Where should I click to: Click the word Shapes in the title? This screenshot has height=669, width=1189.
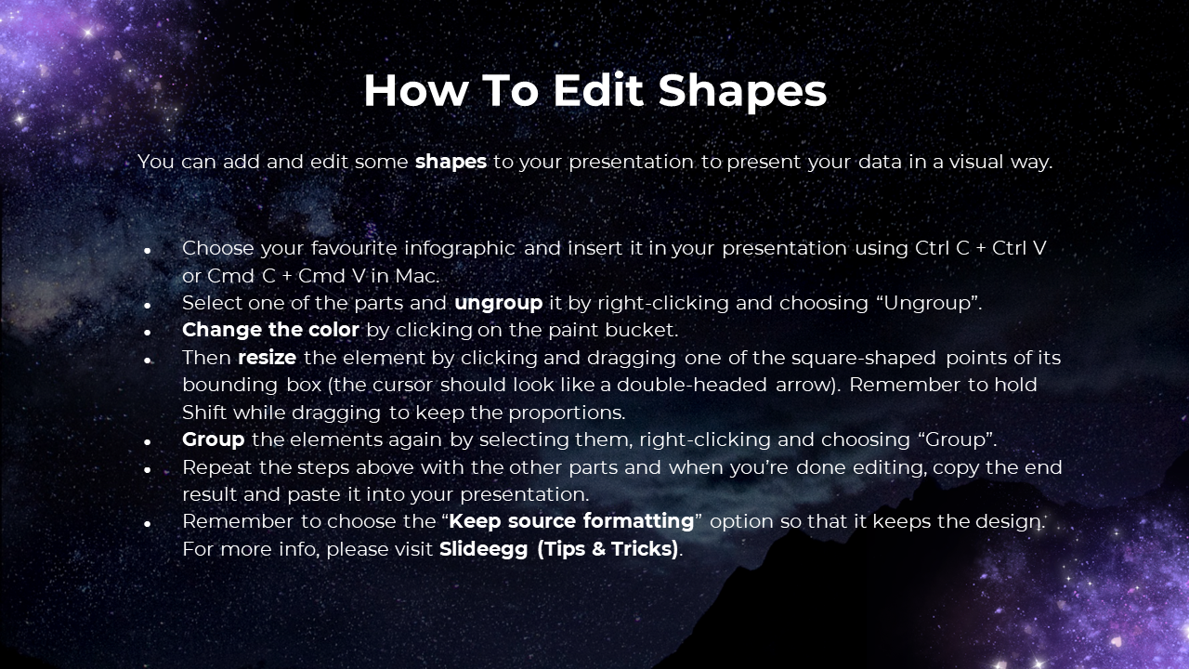coord(742,92)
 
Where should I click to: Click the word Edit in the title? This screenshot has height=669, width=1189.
coord(598,90)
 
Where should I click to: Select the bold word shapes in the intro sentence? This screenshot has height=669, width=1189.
coord(451,162)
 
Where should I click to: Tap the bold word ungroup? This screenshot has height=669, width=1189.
coord(499,303)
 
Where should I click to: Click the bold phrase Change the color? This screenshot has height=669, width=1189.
coord(270,330)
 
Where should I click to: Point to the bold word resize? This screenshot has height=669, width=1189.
coord(267,358)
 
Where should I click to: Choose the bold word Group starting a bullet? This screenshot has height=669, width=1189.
coord(214,439)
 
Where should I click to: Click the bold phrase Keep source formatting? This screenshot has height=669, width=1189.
coord(571,521)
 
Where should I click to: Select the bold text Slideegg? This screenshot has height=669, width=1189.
coord(484,549)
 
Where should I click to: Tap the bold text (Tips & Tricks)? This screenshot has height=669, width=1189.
coord(608,549)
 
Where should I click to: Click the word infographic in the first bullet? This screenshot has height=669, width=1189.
coord(460,248)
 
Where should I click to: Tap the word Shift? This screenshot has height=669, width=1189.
coord(204,412)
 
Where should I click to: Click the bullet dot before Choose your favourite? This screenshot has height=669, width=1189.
coord(147,250)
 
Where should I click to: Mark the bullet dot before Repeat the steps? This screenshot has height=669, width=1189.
coord(147,469)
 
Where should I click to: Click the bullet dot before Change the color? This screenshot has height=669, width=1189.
coord(147,333)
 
